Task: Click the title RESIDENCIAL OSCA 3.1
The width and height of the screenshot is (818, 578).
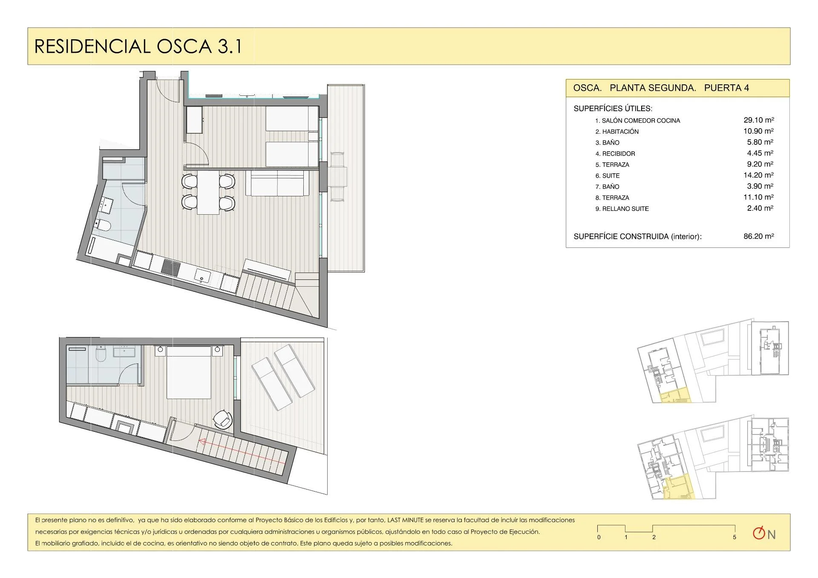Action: click(138, 46)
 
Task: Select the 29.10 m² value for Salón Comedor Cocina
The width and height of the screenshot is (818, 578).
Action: click(759, 120)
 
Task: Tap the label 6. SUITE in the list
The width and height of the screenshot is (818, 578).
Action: click(608, 175)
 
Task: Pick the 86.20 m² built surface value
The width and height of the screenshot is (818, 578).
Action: click(759, 236)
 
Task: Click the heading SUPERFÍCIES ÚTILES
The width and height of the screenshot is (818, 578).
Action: click(613, 109)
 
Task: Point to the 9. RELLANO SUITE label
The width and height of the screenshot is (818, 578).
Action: click(622, 209)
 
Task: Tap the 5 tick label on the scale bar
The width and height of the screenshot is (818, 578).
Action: click(734, 537)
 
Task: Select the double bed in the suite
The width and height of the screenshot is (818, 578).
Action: click(189, 373)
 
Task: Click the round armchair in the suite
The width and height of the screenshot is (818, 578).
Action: click(222, 419)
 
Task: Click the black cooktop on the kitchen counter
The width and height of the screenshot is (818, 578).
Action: click(171, 267)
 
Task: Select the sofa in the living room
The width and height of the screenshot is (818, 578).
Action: click(278, 183)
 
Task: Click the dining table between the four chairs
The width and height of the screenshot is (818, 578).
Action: click(208, 192)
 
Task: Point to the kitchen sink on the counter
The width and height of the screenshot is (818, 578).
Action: click(203, 276)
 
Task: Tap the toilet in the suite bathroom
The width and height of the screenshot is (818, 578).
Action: click(101, 353)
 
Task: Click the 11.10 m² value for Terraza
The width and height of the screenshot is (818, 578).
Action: click(759, 197)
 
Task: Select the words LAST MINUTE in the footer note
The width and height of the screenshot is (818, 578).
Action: click(405, 520)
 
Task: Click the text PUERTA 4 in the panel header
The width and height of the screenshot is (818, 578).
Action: click(726, 88)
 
